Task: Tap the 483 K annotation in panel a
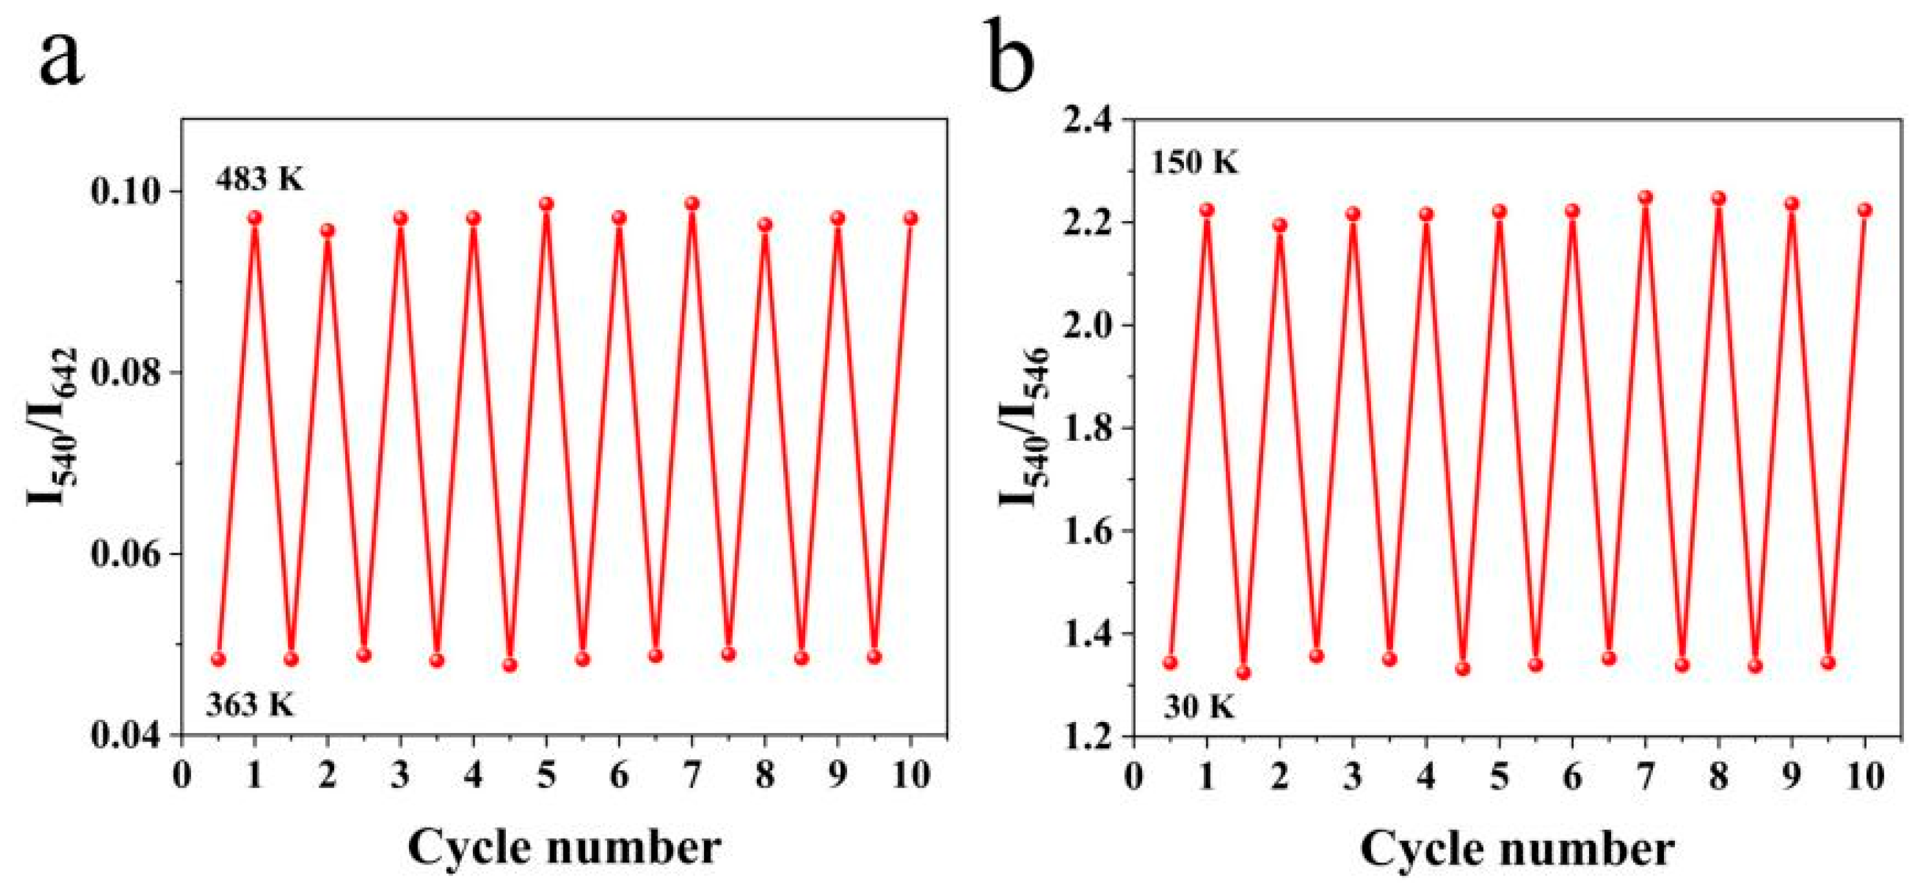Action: (x=261, y=180)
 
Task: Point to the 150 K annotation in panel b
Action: (x=1194, y=162)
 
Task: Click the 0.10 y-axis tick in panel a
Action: (x=127, y=191)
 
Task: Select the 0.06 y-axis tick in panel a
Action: (x=127, y=554)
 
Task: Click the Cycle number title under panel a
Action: (x=564, y=848)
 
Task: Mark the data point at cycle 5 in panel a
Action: (x=546, y=204)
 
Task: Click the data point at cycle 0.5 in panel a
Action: (x=219, y=659)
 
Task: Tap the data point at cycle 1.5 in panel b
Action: (x=1243, y=673)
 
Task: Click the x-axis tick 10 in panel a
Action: (x=910, y=776)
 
